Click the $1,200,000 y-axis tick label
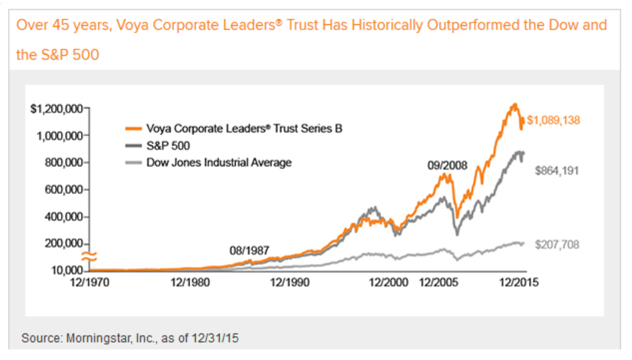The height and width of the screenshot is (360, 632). pyautogui.click(x=56, y=108)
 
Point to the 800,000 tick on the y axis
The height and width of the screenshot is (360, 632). pyautogui.click(x=63, y=162)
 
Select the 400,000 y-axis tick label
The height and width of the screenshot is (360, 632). pyautogui.click(x=63, y=217)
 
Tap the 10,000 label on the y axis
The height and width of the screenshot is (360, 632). pyautogui.click(x=65, y=271)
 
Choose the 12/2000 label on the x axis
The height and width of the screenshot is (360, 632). pyautogui.click(x=388, y=282)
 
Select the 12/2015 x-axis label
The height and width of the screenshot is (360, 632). pyautogui.click(x=518, y=282)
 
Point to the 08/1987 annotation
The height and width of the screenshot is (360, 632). pyautogui.click(x=249, y=250)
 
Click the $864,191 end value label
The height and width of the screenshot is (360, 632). pyautogui.click(x=557, y=170)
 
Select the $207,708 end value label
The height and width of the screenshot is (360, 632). pyautogui.click(x=557, y=245)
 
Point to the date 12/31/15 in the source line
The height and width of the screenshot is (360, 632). pyautogui.click(x=217, y=338)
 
